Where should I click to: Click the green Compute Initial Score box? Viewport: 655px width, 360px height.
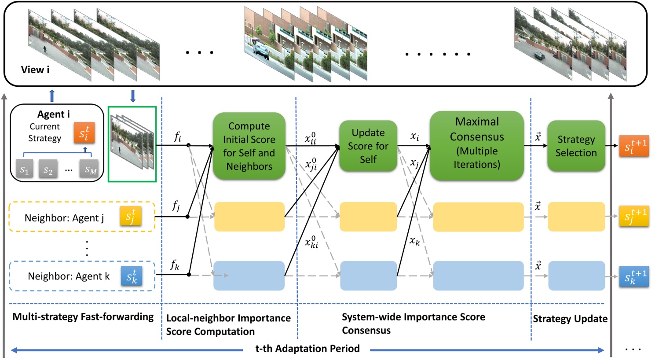(x=249, y=146)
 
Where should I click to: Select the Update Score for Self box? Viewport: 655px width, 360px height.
(x=368, y=146)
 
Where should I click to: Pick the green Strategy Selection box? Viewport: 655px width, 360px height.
(x=576, y=146)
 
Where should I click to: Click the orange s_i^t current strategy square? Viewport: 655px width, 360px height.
(x=84, y=133)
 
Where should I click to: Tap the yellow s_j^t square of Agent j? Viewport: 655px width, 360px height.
(x=131, y=216)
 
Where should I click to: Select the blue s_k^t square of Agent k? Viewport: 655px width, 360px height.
(x=132, y=276)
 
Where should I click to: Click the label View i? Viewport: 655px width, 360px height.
(x=35, y=70)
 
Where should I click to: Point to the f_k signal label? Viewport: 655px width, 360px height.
(x=175, y=265)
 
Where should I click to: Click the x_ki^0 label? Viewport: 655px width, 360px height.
(x=311, y=242)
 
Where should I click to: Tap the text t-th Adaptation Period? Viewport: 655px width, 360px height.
(x=307, y=349)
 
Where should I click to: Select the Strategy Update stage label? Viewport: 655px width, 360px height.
(x=570, y=319)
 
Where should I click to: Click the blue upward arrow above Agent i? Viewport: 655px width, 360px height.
(x=52, y=96)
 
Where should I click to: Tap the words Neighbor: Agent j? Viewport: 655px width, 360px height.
(x=64, y=218)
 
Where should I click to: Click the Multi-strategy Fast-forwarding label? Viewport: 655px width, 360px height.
(x=83, y=316)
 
